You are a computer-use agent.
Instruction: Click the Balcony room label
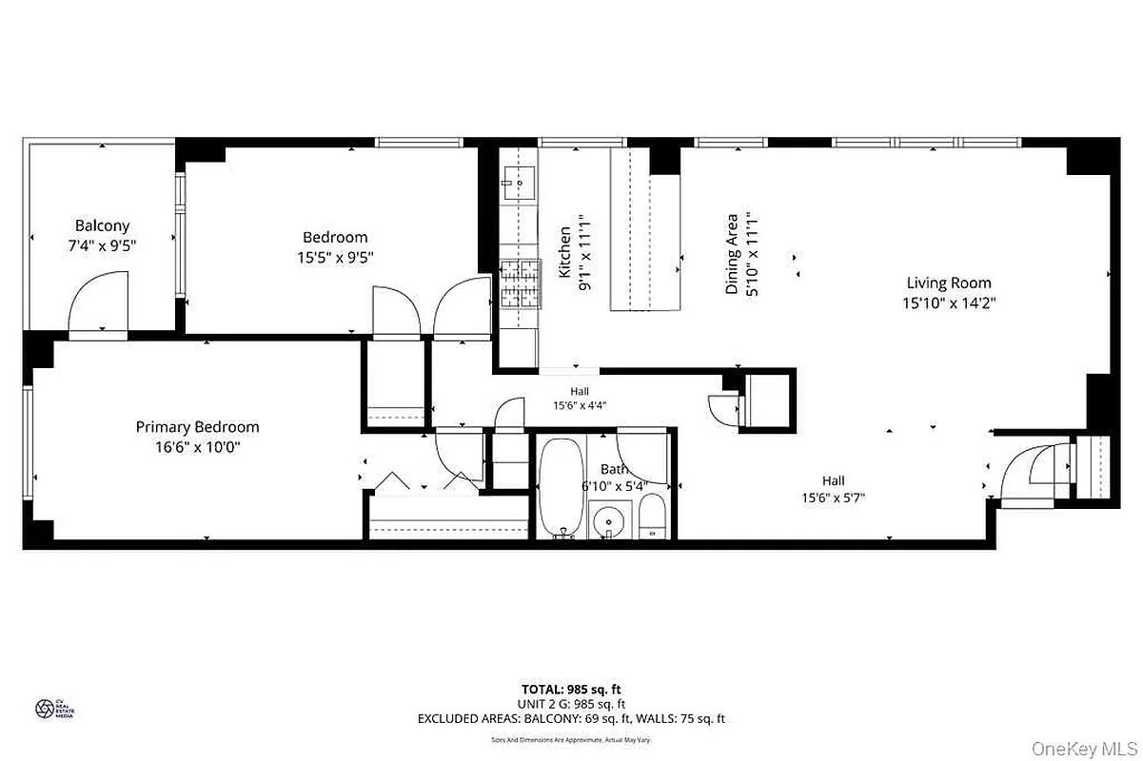click(x=102, y=225)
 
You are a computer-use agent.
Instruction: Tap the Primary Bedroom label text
click(x=197, y=427)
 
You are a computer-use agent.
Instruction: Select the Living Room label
click(x=948, y=283)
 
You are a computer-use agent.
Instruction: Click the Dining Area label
click(x=732, y=252)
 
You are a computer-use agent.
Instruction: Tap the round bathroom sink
click(x=605, y=522)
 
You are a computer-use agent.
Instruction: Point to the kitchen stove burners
click(x=521, y=283)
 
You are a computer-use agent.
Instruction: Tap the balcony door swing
click(x=97, y=302)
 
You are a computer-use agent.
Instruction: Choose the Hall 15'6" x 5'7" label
click(x=833, y=488)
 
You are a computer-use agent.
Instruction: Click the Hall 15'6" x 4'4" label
click(x=580, y=398)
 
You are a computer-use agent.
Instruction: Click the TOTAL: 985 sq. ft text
click(x=571, y=689)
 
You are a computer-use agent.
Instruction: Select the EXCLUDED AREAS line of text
click(x=571, y=719)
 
